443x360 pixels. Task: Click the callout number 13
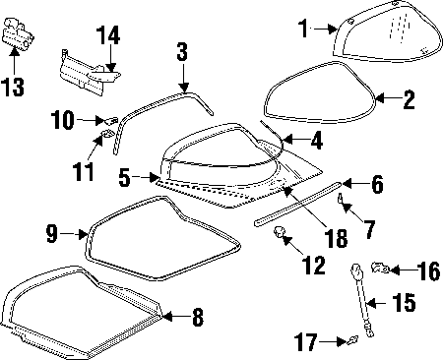click(x=13, y=87)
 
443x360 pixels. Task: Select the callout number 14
click(x=108, y=35)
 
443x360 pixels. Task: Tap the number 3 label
click(x=182, y=51)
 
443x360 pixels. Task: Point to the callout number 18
click(x=336, y=238)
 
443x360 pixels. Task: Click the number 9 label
click(x=52, y=234)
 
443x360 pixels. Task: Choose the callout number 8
click(x=198, y=317)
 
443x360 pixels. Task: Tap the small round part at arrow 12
click(x=279, y=232)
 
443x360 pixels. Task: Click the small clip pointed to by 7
click(x=341, y=198)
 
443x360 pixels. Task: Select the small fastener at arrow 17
click(x=352, y=340)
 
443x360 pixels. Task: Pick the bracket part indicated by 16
click(x=380, y=269)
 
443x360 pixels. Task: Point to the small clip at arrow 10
click(x=111, y=120)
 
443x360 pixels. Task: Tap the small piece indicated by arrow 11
click(x=106, y=134)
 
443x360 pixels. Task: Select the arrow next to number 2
click(x=384, y=98)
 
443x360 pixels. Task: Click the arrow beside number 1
click(x=326, y=29)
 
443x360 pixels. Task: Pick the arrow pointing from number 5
click(x=146, y=178)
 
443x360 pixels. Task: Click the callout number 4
click(x=317, y=141)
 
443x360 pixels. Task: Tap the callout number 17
click(x=305, y=342)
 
